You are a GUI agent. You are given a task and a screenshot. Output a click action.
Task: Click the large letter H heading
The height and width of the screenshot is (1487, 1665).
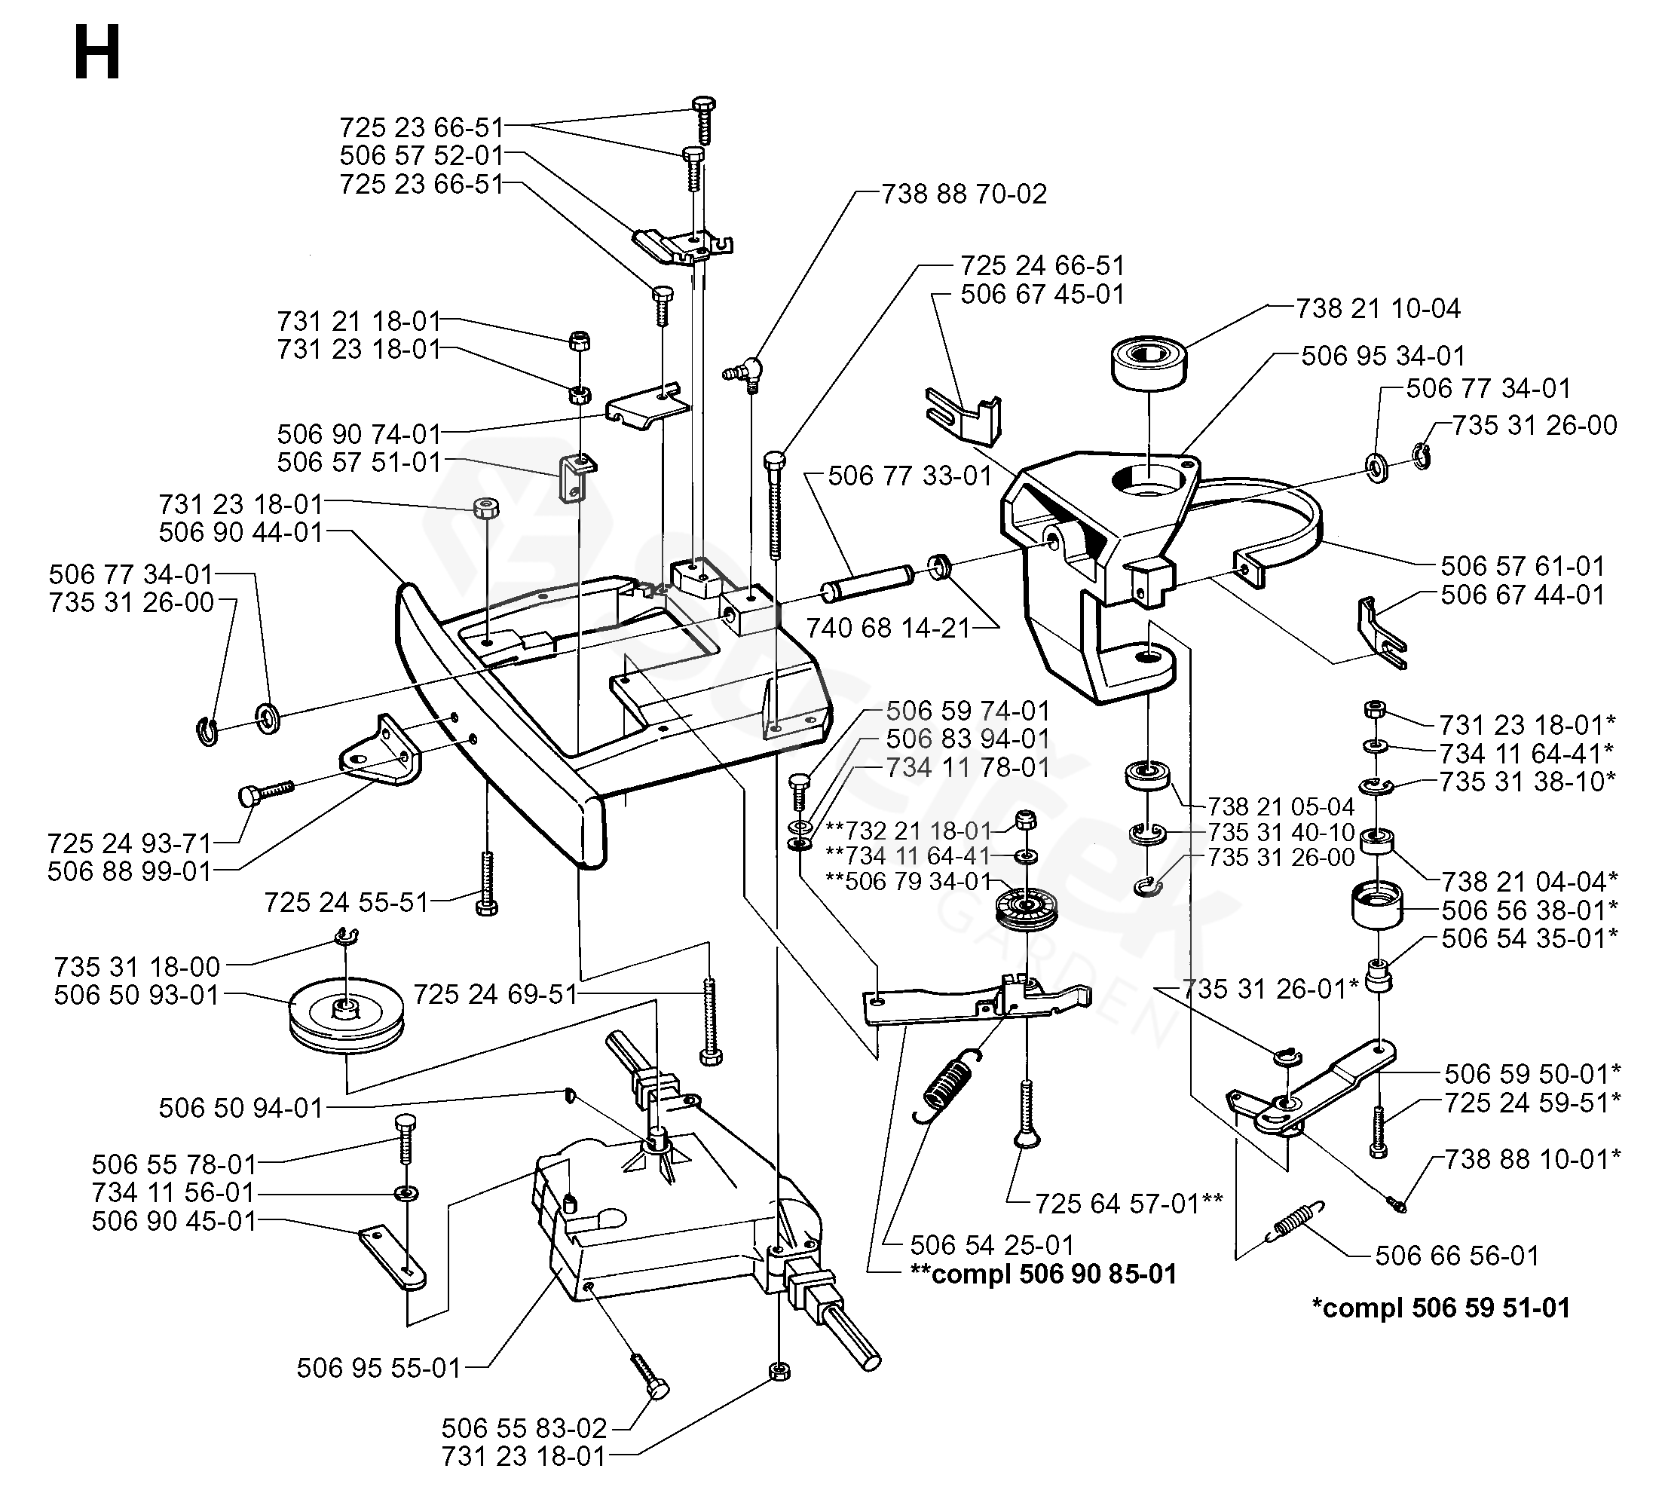(x=97, y=52)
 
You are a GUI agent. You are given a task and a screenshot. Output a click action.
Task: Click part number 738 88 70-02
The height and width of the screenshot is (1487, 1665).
(x=963, y=194)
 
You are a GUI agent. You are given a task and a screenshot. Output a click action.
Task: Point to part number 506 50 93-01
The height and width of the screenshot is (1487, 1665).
(x=136, y=995)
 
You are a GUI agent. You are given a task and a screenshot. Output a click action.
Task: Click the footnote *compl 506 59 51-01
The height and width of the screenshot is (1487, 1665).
(x=1440, y=1308)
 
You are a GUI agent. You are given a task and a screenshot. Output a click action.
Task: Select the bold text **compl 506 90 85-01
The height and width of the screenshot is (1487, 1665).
(x=1042, y=1274)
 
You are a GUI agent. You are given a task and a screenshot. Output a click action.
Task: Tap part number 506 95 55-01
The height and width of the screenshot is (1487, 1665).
(x=378, y=1368)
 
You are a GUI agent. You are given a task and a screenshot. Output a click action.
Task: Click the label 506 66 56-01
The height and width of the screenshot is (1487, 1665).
(x=1457, y=1255)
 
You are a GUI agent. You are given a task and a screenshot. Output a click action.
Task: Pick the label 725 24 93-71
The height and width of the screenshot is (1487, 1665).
(x=129, y=843)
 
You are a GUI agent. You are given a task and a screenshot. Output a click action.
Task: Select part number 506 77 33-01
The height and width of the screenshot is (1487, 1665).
(x=909, y=476)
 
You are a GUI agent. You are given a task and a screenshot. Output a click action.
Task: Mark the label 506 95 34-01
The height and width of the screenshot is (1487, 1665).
(x=1382, y=356)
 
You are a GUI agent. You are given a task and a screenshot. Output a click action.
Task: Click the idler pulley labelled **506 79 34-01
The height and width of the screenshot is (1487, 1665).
(x=1021, y=910)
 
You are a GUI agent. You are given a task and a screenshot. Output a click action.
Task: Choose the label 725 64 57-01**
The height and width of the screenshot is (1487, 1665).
(x=1128, y=1204)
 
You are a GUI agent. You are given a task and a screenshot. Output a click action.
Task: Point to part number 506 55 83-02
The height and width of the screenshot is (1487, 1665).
(x=524, y=1428)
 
